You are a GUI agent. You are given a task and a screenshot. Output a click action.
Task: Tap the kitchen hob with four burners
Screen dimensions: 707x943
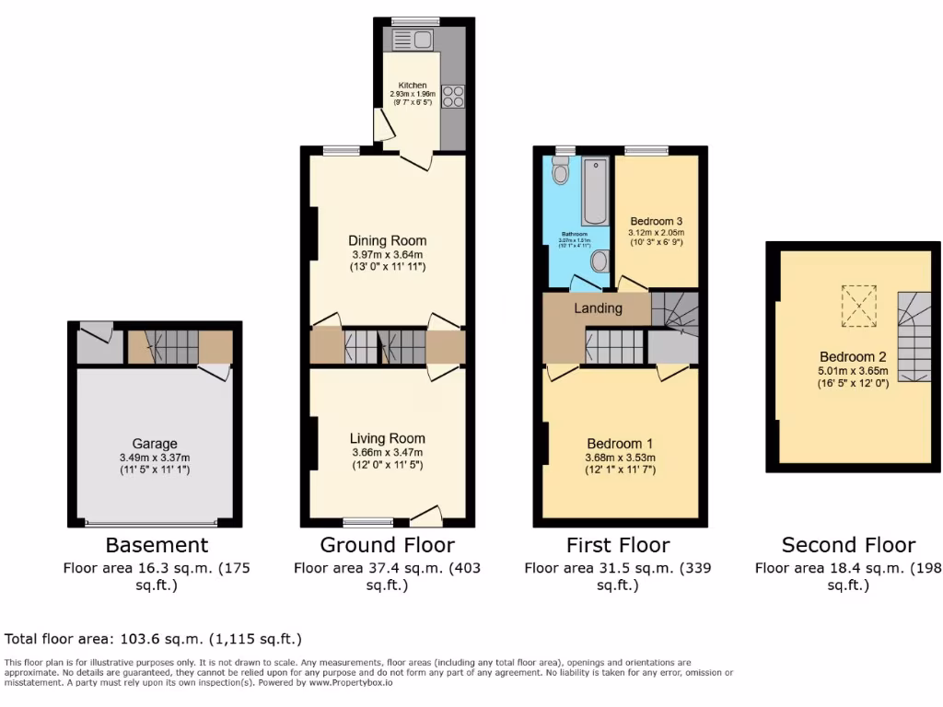pyautogui.click(x=452, y=97)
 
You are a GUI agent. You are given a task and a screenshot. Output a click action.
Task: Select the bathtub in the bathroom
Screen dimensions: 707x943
pyautogui.click(x=595, y=191)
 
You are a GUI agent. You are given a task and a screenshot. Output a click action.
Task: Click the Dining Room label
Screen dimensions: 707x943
pyautogui.click(x=388, y=241)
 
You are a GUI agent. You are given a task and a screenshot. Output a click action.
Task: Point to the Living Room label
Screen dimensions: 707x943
pyautogui.click(x=388, y=439)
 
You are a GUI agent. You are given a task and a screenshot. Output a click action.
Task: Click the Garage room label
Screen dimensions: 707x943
pyautogui.click(x=154, y=444)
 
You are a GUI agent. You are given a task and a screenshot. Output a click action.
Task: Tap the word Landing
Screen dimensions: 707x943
pyautogui.click(x=598, y=308)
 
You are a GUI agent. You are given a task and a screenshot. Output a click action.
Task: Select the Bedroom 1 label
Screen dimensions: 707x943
pyautogui.click(x=620, y=444)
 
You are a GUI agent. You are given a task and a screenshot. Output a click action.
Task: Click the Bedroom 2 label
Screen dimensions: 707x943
pyautogui.click(x=846, y=357)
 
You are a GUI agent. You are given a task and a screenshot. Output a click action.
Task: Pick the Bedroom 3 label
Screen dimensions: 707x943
pyautogui.click(x=656, y=222)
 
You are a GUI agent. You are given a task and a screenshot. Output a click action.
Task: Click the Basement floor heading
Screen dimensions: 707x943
pyautogui.click(x=157, y=545)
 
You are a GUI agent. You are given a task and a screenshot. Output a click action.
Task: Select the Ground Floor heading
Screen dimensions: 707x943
pyautogui.click(x=387, y=545)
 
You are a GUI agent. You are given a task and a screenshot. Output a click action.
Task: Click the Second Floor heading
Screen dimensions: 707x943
pyautogui.click(x=848, y=545)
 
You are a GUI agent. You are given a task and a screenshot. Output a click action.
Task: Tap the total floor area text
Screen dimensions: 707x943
pyautogui.click(x=154, y=639)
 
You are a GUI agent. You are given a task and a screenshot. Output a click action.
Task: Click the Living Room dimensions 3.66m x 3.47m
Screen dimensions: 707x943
pyautogui.click(x=387, y=452)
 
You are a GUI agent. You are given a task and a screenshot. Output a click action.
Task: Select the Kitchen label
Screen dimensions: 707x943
pyautogui.click(x=412, y=86)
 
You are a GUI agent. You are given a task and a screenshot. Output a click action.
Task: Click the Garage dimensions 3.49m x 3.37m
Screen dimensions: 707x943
pyautogui.click(x=154, y=458)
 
